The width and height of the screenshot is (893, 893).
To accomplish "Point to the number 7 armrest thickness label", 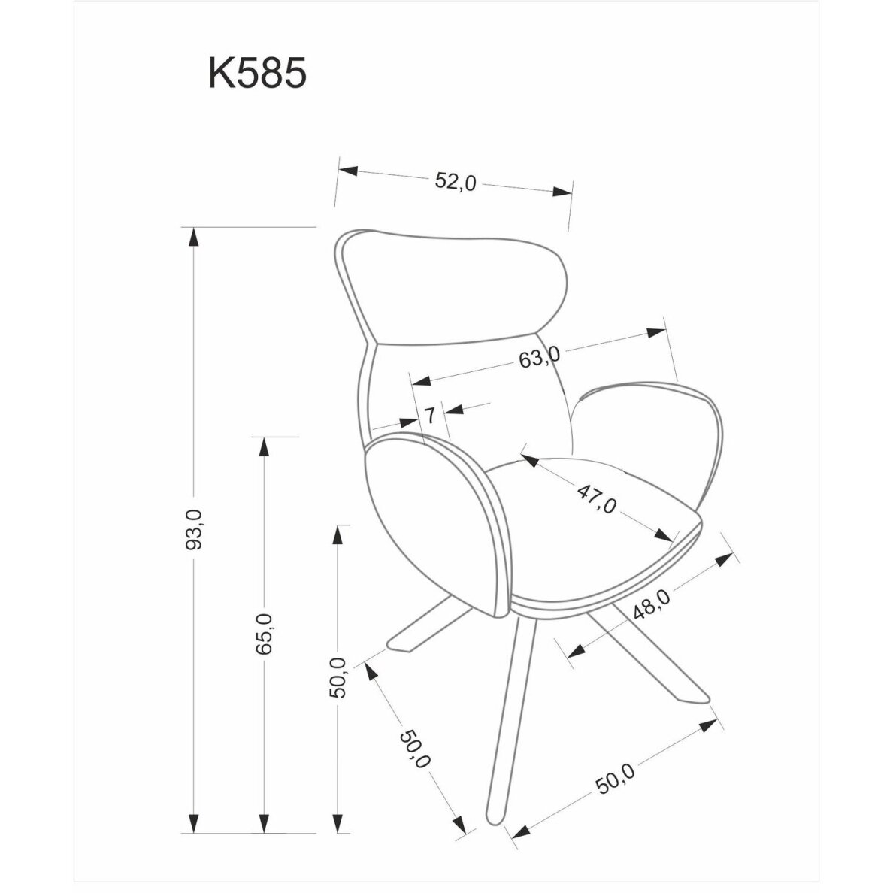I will pyautogui.click(x=430, y=415).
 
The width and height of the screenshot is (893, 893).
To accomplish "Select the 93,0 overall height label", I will pyautogui.click(x=194, y=529).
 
